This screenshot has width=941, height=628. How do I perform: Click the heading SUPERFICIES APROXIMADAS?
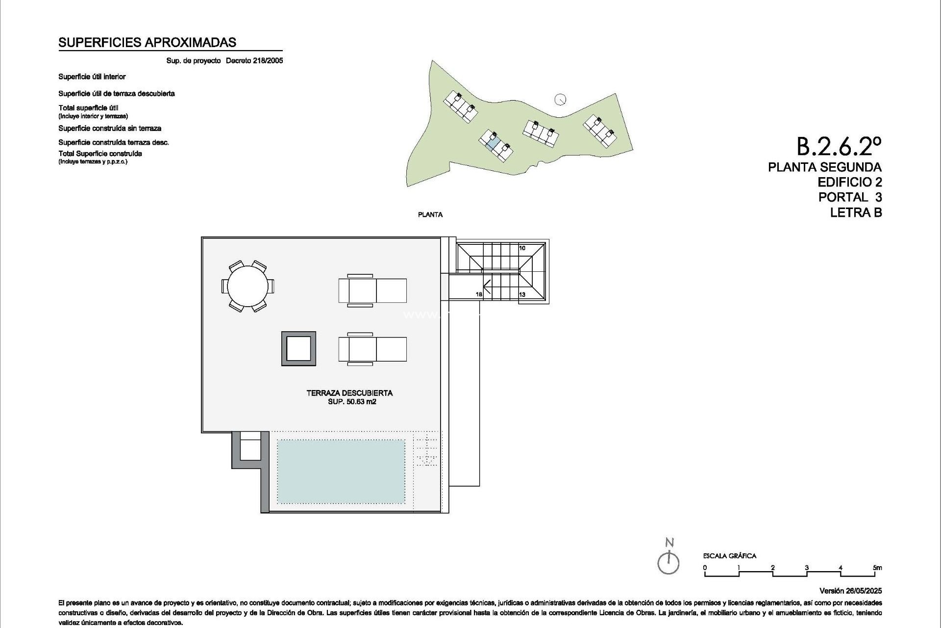[147, 43]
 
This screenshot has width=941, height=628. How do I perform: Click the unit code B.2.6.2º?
[839, 146]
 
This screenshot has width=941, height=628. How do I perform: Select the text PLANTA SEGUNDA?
[825, 167]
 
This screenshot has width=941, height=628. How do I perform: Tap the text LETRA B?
[856, 212]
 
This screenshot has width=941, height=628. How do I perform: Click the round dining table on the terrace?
[248, 286]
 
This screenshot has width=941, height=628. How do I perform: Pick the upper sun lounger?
[372, 290]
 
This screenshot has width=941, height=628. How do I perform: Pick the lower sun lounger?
[372, 349]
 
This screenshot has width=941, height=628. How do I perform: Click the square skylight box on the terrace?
[298, 349]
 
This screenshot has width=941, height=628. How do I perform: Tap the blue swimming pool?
[341, 471]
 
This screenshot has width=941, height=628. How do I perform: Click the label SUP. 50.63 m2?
[352, 402]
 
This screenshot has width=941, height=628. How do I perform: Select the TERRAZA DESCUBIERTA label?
[349, 393]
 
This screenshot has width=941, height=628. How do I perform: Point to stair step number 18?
[479, 294]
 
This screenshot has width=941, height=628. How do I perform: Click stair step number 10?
[522, 248]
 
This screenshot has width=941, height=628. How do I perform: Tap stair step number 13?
[522, 294]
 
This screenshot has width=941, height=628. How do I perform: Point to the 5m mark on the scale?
[877, 568]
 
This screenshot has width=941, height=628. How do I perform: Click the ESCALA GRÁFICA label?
[730, 556]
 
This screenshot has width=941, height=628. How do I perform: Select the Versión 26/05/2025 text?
[850, 591]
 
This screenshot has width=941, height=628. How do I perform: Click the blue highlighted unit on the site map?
[494, 143]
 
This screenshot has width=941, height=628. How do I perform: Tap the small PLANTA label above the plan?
[430, 214]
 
